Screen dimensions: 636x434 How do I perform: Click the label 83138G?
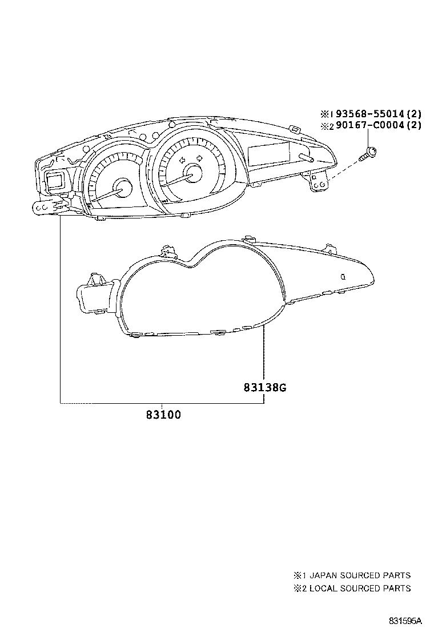click(x=264, y=388)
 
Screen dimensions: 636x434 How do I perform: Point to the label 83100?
click(x=163, y=415)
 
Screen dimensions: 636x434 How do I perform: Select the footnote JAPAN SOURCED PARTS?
click(x=359, y=575)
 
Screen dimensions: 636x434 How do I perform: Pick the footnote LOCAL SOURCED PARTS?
click(x=359, y=588)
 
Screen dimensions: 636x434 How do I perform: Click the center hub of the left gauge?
click(x=122, y=186)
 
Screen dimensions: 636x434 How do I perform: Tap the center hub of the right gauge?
click(x=194, y=173)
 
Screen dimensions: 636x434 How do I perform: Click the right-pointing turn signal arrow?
click(x=199, y=157)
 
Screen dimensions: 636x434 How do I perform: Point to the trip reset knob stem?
click(x=306, y=157)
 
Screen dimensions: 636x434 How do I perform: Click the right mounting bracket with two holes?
click(x=319, y=181)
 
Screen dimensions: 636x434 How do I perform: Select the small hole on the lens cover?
click(x=343, y=276)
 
